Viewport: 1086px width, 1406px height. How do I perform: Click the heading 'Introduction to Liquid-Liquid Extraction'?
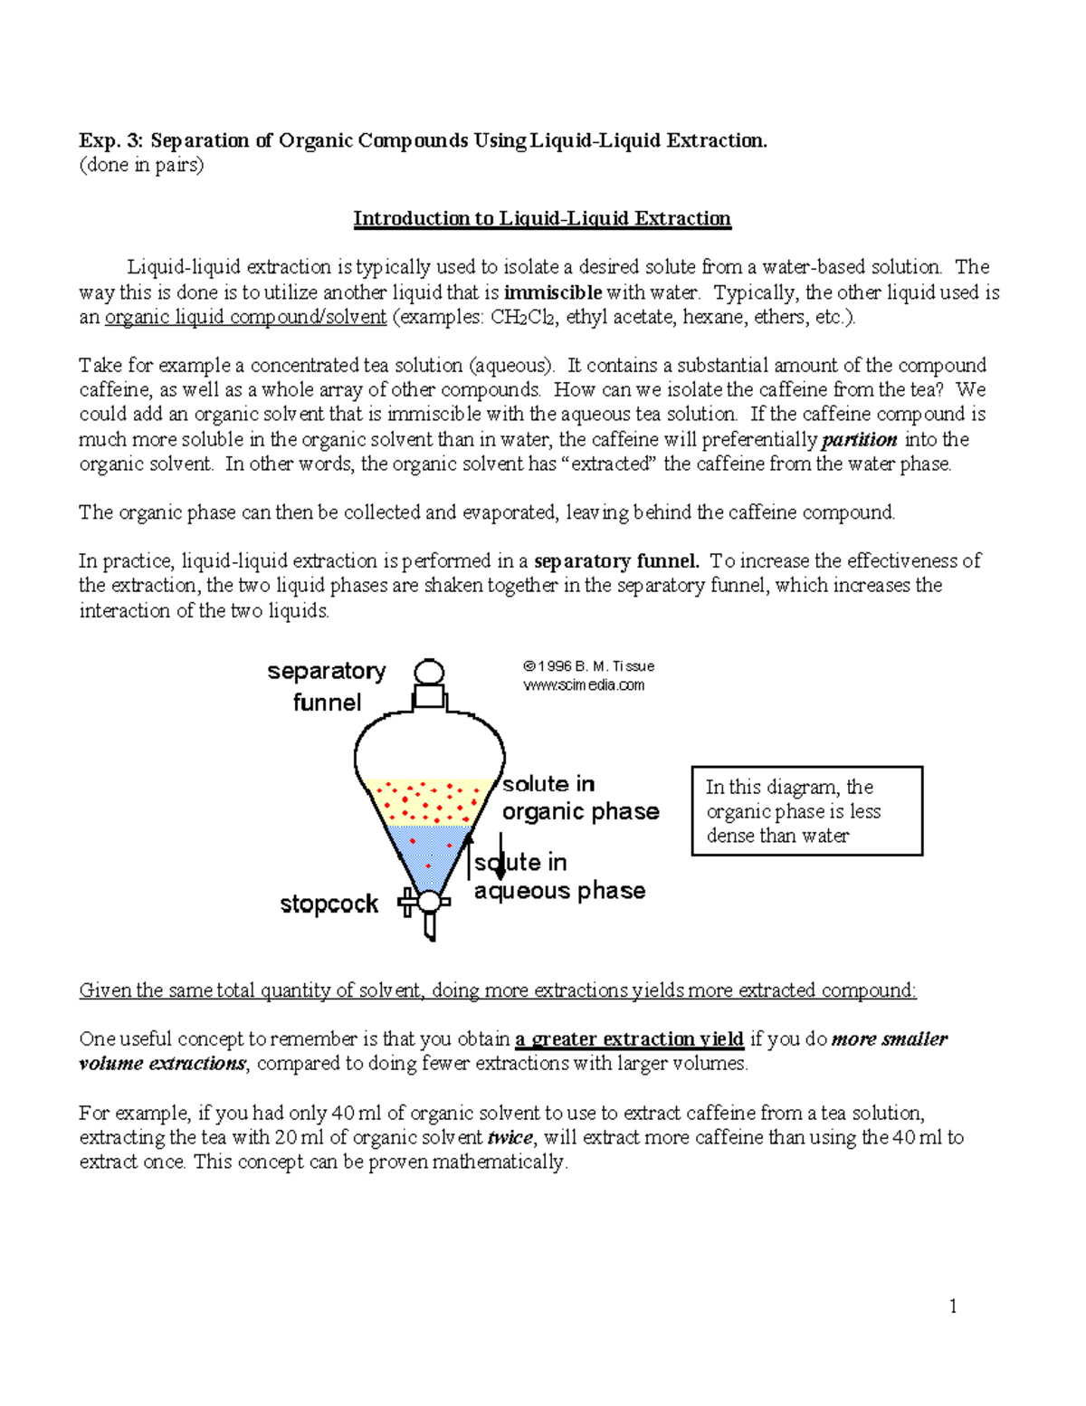click(541, 218)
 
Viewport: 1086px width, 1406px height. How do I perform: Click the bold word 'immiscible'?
click(552, 292)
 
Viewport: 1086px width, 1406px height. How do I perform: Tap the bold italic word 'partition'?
click(859, 440)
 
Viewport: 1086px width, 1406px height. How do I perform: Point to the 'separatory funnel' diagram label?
click(327, 686)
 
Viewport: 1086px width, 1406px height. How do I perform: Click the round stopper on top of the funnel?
click(429, 672)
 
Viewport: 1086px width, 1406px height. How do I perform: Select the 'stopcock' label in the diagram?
click(329, 904)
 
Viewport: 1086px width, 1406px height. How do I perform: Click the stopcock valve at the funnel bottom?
click(428, 903)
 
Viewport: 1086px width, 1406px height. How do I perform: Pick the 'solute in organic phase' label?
click(580, 798)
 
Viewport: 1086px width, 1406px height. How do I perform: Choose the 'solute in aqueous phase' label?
click(559, 876)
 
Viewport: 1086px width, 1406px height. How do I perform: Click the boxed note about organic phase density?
click(806, 811)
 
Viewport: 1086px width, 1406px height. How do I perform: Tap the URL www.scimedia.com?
click(584, 685)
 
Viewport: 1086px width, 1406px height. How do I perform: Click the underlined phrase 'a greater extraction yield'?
click(629, 1039)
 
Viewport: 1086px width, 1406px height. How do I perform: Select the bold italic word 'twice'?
click(510, 1138)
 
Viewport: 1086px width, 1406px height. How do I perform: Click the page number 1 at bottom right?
click(953, 1306)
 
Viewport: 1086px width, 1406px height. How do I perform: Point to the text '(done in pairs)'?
click(141, 165)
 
